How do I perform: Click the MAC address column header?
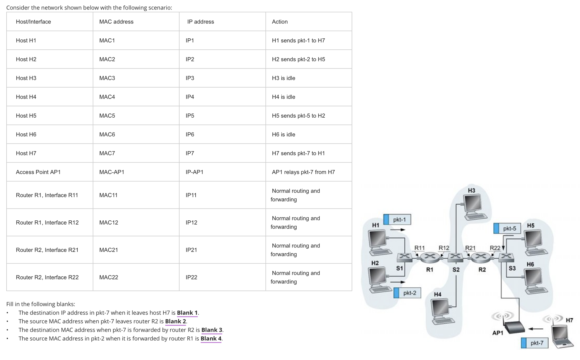tap(116, 22)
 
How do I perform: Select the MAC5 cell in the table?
tap(107, 116)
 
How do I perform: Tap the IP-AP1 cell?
tap(194, 172)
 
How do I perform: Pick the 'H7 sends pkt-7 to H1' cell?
tap(298, 153)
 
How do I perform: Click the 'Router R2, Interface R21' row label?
tap(47, 250)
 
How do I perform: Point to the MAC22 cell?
tap(108, 277)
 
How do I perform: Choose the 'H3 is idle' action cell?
tap(283, 78)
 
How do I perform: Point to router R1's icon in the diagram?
tap(430, 257)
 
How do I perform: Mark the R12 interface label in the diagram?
tap(444, 248)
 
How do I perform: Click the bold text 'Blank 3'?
tap(211, 330)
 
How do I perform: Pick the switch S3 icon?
tap(506, 257)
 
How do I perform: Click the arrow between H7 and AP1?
tap(536, 329)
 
